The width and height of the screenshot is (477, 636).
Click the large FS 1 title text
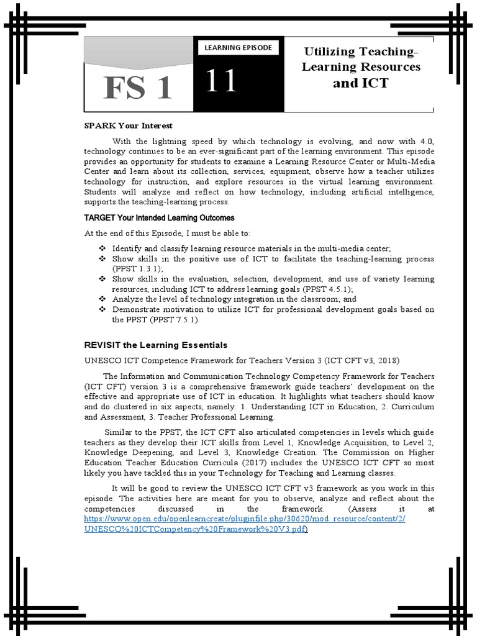tap(138, 88)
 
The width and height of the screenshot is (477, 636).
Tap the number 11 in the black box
tap(222, 81)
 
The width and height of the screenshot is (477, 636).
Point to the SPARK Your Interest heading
tap(128, 125)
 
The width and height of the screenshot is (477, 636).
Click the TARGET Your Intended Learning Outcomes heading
tap(159, 217)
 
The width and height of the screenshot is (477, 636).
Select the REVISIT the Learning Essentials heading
tap(156, 345)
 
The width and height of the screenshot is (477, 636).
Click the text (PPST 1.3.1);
tap(137, 268)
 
